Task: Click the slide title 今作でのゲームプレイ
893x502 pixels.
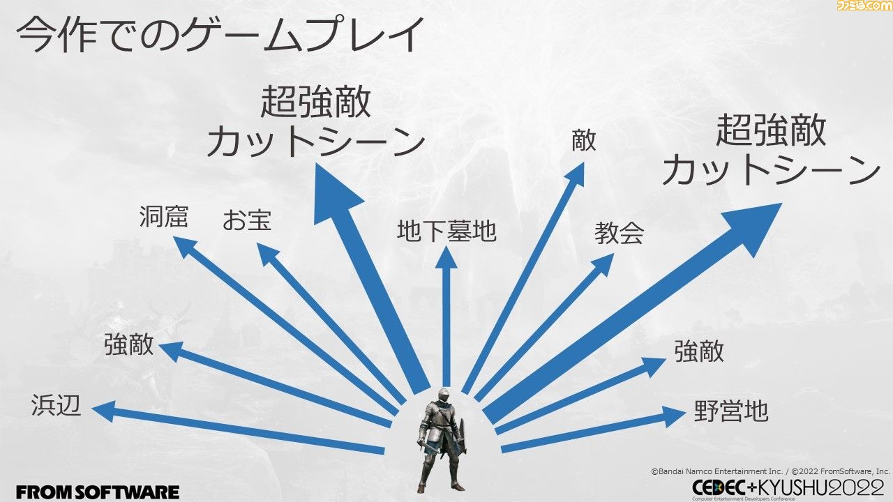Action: [220, 35]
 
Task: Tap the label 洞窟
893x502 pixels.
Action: [163, 217]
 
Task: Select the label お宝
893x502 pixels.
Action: [247, 220]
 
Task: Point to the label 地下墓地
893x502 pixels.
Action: [446, 231]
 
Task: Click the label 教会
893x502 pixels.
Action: [619, 233]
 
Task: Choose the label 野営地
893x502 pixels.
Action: [730, 411]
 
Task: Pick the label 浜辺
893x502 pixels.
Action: [57, 406]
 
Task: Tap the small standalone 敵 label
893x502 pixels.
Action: [584, 140]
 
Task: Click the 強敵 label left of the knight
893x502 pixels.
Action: [129, 344]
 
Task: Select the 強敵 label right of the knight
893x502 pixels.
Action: [699, 351]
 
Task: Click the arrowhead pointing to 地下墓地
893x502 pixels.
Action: [446, 258]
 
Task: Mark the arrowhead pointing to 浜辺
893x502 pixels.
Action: [105, 411]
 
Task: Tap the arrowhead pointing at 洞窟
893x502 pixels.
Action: [186, 247]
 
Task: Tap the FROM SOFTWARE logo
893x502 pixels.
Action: [98, 492]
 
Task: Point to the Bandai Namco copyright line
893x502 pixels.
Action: [770, 471]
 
